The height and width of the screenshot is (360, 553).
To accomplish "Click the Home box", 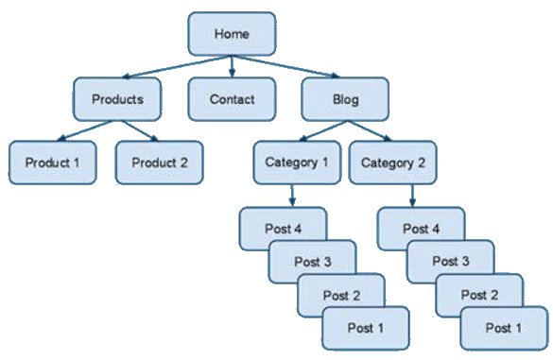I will click(x=232, y=34).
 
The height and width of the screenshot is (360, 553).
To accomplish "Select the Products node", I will click(x=117, y=99).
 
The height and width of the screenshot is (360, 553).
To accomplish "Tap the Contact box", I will click(x=232, y=99).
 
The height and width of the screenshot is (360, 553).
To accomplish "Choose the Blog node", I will click(x=345, y=99).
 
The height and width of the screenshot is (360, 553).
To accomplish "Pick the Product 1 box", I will click(x=53, y=163).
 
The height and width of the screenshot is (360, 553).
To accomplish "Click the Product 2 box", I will click(x=159, y=163).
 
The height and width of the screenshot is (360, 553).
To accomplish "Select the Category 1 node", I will click(x=297, y=163).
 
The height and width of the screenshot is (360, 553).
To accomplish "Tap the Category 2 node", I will click(x=393, y=163).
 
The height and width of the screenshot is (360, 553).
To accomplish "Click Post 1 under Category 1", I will click(x=365, y=329).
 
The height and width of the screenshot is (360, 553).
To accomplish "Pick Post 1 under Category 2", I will click(x=503, y=329).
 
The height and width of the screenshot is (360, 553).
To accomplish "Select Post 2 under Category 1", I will click(x=340, y=296).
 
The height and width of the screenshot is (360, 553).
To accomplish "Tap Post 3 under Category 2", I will click(x=450, y=261).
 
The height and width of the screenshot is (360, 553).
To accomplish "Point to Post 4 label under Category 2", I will click(x=421, y=228).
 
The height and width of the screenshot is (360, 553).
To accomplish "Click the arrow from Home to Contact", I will click(x=232, y=67).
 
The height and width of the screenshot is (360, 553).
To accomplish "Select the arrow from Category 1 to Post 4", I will click(x=292, y=196).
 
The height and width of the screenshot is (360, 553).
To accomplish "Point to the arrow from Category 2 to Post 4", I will click(x=412, y=196).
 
